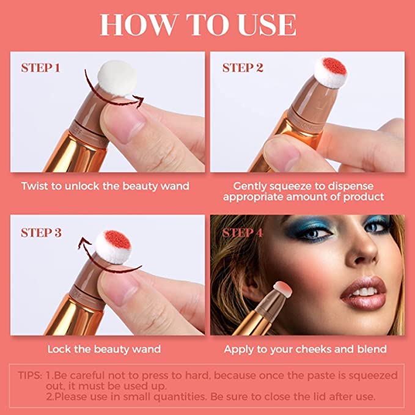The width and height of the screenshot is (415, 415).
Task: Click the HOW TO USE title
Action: [x=198, y=25]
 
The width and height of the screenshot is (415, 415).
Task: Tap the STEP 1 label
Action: [x=40, y=68]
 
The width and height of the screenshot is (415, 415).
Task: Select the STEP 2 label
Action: [x=243, y=68]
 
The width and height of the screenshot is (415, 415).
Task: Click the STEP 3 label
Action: [x=40, y=232]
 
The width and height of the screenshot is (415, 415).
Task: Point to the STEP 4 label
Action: [x=243, y=232]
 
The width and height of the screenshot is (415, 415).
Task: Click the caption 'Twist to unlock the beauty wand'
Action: [x=105, y=185]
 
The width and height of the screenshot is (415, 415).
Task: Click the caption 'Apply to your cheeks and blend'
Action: [x=305, y=349]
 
